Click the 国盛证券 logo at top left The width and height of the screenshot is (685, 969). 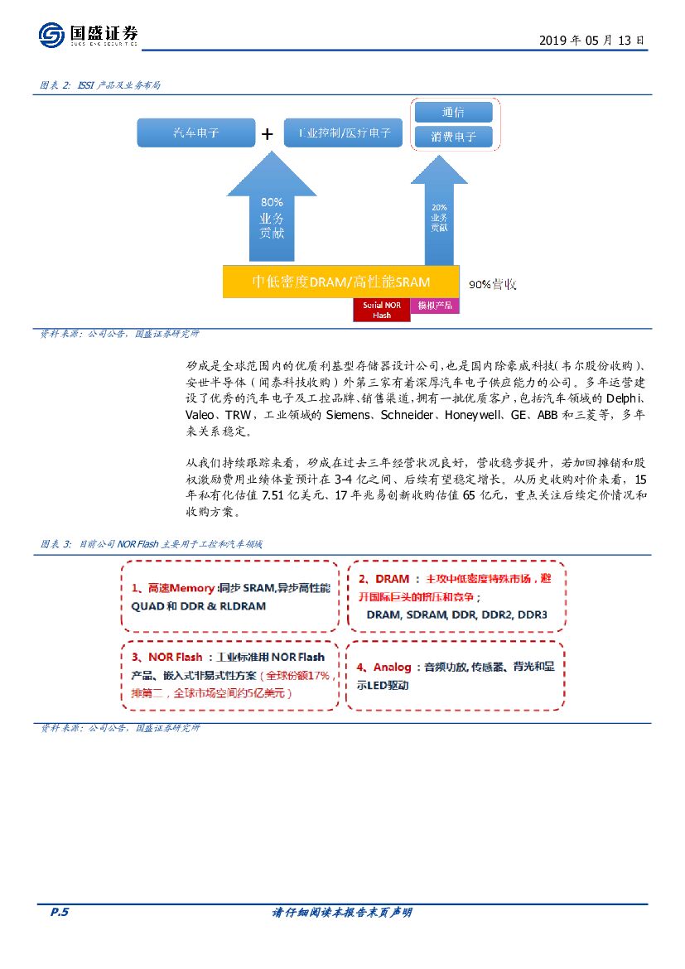point(88,35)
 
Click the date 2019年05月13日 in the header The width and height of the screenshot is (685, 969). point(591,40)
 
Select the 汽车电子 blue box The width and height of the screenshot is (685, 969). point(195,133)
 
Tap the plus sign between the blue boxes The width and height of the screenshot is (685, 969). point(268,134)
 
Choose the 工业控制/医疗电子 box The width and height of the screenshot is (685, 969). point(343,133)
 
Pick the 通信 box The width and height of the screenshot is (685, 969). point(452,112)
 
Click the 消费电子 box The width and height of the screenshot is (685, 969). point(452,137)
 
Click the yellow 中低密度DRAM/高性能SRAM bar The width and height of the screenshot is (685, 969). point(340,282)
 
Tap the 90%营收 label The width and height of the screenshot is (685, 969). point(492,284)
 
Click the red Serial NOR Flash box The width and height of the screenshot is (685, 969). point(381,310)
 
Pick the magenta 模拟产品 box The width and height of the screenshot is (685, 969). point(434,306)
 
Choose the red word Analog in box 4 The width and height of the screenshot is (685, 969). point(392,667)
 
